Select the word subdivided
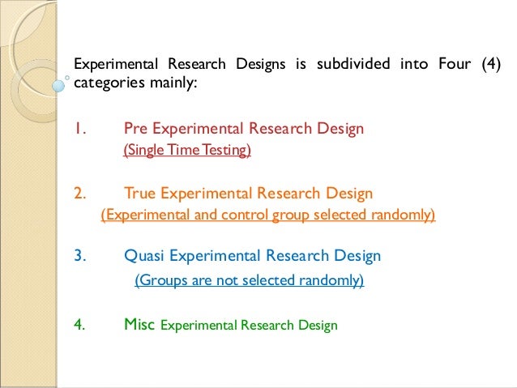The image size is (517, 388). coord(327,64)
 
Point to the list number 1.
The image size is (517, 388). coord(79,128)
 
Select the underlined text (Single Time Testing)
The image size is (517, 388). coord(187,150)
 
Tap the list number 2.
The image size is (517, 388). coord(79,193)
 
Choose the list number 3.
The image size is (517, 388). coord(79,256)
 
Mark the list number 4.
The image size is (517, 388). coord(79,325)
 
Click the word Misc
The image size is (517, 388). coord(140,325)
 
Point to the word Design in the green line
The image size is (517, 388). coord(317,326)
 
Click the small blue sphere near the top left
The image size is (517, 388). coord(58,83)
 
